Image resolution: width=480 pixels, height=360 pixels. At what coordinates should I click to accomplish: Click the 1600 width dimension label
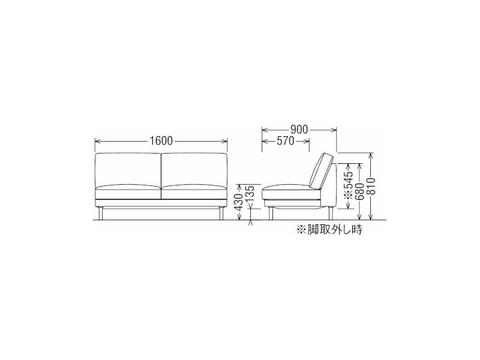point(161,140)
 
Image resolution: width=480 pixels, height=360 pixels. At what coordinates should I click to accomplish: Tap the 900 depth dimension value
point(299,130)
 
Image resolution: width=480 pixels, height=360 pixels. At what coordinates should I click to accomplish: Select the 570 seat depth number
point(286,141)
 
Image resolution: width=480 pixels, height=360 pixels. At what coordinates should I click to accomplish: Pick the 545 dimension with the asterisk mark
point(349,185)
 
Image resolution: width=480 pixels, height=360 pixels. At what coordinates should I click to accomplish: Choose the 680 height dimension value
point(360,191)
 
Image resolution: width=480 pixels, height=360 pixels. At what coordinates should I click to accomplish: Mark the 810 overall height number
point(371,186)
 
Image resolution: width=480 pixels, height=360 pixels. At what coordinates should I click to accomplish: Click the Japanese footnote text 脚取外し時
point(329,229)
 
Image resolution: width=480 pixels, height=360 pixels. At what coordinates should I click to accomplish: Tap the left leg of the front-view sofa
point(100,213)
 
